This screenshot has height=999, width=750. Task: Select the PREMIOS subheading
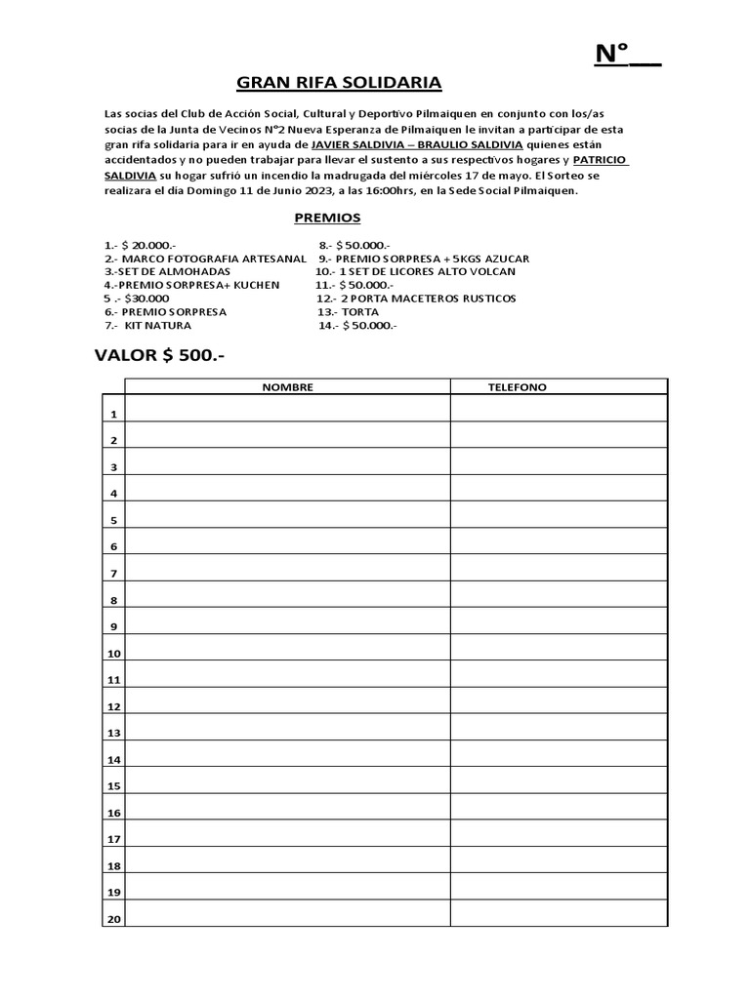pyautogui.click(x=327, y=218)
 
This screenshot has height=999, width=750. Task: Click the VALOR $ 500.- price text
pyautogui.click(x=159, y=355)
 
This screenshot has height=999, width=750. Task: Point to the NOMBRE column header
pyautogui.click(x=287, y=387)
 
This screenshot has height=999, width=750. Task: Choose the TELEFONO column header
pyautogui.click(x=518, y=387)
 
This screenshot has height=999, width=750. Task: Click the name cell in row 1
pyautogui.click(x=287, y=409)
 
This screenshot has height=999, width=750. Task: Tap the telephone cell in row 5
pyautogui.click(x=558, y=514)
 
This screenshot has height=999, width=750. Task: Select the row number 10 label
pyautogui.click(x=113, y=653)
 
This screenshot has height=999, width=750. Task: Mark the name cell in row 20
pyautogui.click(x=287, y=912)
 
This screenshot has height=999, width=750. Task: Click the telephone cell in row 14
pyautogui.click(x=558, y=753)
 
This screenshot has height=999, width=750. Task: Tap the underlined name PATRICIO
pyautogui.click(x=601, y=159)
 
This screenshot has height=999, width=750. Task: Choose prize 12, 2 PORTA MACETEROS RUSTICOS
pyautogui.click(x=416, y=298)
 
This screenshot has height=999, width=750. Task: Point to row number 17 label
pyautogui.click(x=113, y=839)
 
